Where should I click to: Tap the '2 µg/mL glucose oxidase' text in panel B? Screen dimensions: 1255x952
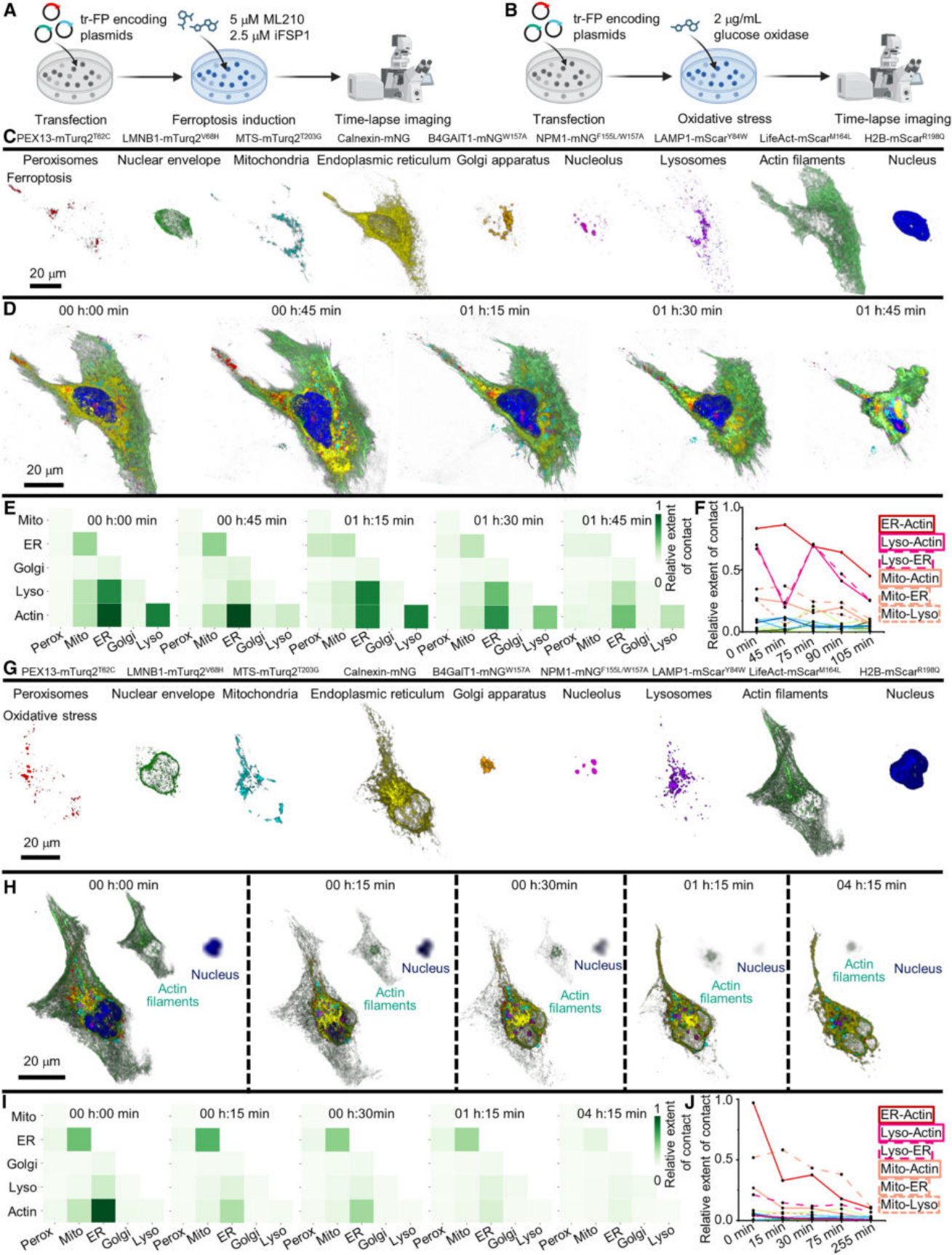coord(760,27)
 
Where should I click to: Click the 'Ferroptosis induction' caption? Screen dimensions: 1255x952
coord(233,120)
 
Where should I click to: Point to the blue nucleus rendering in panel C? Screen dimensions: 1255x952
coord(912,223)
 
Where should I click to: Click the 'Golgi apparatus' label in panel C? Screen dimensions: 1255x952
coord(503,160)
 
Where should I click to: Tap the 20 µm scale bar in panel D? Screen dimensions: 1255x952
coord(44,483)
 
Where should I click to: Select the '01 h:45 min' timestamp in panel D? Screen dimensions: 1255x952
coord(890,311)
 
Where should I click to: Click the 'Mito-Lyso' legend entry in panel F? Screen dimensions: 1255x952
coord(909,614)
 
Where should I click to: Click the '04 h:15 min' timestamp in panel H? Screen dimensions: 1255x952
coord(873,885)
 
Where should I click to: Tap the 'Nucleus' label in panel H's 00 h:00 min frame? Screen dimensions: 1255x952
coord(215,975)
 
